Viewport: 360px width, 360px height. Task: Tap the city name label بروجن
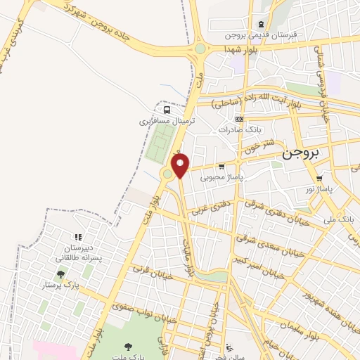tap(300, 153)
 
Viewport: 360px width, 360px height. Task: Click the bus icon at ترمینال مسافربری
tap(167, 110)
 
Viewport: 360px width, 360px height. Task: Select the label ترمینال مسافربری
tap(167, 121)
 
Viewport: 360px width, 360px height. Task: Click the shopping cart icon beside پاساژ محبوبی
tap(221, 167)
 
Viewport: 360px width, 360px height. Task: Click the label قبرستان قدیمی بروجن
tap(260, 34)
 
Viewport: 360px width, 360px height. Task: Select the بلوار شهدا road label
tap(240, 49)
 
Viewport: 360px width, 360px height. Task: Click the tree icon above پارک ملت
tap(128, 347)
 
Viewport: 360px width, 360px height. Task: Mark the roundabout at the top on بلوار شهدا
tap(200, 49)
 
